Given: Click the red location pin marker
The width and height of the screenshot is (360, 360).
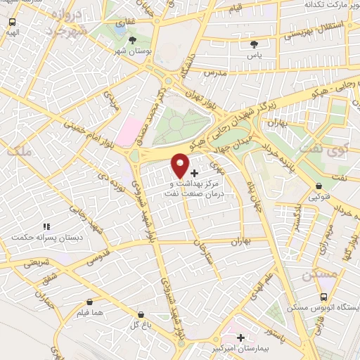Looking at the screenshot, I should (181, 165).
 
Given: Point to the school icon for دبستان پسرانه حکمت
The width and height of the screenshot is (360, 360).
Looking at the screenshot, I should (47, 226).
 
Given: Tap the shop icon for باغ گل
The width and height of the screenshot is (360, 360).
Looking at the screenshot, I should (141, 314).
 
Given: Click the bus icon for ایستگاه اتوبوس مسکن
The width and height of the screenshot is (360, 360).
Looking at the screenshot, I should (323, 297).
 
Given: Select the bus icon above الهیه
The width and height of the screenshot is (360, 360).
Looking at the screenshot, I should (12, 22).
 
